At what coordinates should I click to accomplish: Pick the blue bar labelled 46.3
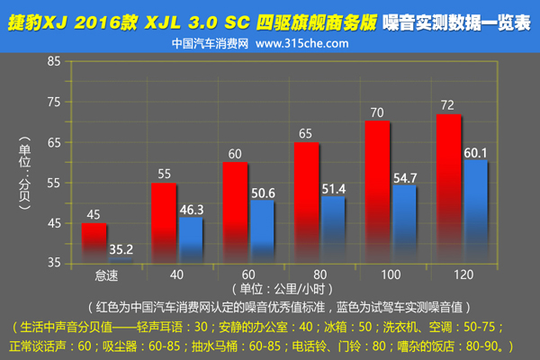190,238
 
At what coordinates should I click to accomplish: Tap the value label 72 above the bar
447,106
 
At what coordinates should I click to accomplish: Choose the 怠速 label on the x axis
106,273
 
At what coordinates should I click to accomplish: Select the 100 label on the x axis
390,273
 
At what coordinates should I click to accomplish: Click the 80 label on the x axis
319,273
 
